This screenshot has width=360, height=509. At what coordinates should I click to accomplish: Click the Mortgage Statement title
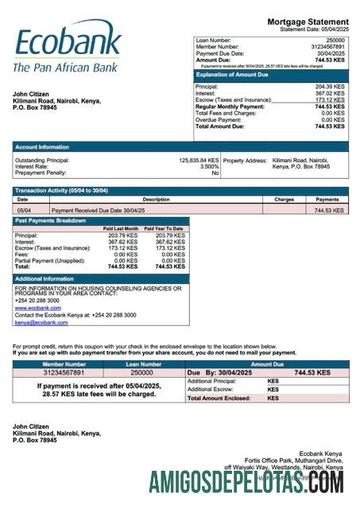tap(308, 21)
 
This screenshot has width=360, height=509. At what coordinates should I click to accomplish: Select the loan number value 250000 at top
tap(335, 40)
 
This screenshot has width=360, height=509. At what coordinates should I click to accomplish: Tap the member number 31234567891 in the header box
tap(327, 46)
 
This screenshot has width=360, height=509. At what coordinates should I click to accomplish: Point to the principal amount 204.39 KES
tap(330, 87)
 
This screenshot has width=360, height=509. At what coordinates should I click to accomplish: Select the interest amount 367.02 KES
tap(330, 94)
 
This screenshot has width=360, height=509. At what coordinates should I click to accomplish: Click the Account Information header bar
tap(41, 146)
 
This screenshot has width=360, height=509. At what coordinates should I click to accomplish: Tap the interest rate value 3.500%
tap(209, 166)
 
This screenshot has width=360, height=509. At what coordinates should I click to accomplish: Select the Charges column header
tap(284, 199)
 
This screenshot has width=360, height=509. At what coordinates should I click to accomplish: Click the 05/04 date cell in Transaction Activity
tap(25, 210)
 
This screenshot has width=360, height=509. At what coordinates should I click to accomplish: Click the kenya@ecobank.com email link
tap(41, 322)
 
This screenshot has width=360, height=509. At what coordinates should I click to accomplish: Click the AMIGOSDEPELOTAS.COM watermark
tap(246, 482)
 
